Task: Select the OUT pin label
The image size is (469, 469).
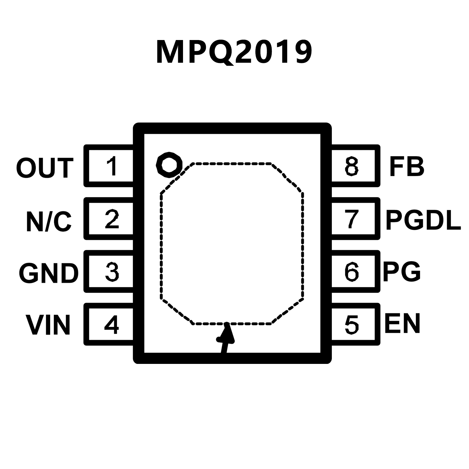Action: point(45,168)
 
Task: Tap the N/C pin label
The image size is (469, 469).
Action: point(49,221)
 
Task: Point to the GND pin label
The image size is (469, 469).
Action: point(48,273)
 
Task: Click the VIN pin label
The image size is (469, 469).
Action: point(48,325)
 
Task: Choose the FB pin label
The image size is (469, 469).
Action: point(407,167)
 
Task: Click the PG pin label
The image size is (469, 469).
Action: point(402,272)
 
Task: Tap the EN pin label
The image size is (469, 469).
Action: point(402,323)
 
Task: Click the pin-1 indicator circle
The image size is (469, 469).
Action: point(169,164)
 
